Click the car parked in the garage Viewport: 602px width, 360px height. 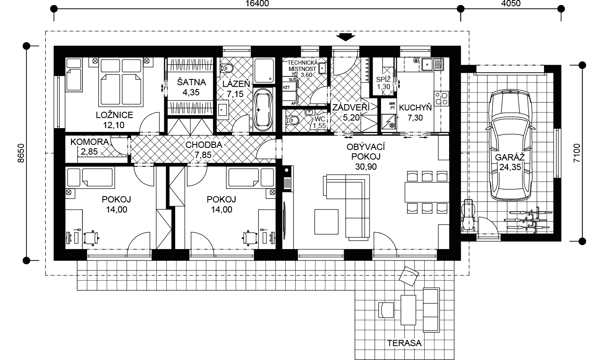coord(510,145)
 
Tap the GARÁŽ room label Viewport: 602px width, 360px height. coord(510,158)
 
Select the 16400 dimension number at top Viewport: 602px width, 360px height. coord(257,3)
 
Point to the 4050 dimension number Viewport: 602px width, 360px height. coord(511,3)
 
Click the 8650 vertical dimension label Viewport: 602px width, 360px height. coord(21,153)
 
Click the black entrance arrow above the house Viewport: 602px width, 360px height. coord(346,37)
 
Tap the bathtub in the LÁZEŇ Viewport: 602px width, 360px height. coord(263,110)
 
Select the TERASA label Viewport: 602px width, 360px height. coord(404,343)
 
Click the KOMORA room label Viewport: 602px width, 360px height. coord(89,142)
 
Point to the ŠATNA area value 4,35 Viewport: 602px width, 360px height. coord(191,92)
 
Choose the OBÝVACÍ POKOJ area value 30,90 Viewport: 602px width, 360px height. coord(366,167)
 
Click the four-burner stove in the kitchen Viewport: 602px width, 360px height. coord(442,99)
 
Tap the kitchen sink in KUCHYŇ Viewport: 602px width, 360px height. coord(433,64)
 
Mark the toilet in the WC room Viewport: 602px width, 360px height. coord(292,121)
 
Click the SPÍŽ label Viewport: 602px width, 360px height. coord(383,79)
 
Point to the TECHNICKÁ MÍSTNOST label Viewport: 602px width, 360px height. coord(302,66)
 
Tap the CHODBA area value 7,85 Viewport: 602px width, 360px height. coord(203,155)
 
